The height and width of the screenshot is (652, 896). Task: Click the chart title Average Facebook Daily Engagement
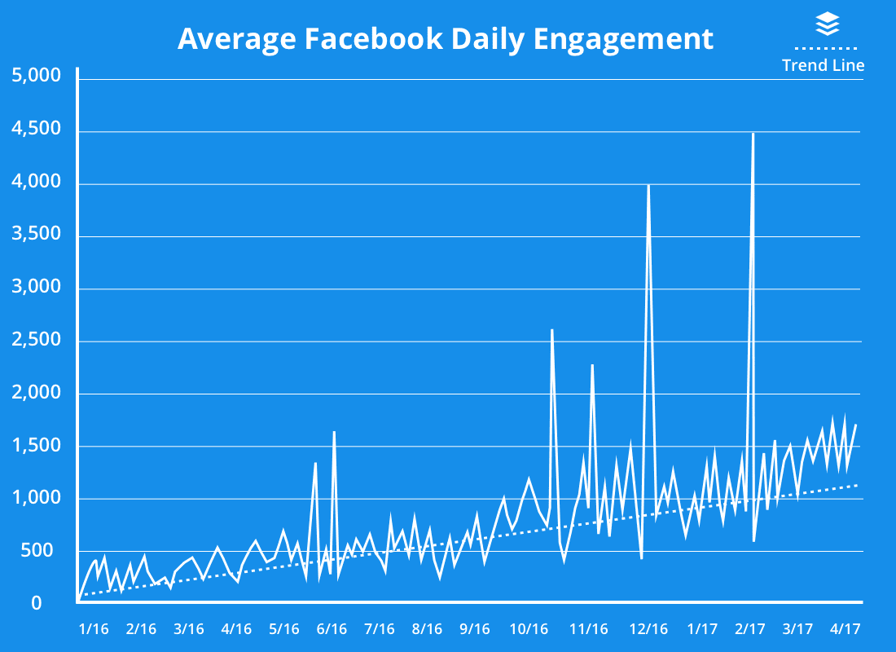446,38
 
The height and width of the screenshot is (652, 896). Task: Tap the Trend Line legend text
823,65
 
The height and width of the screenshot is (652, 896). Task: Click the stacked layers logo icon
827,24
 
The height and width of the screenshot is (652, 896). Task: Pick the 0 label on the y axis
36,603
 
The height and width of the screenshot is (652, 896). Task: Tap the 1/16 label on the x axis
94,629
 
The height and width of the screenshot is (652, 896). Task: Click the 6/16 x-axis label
332,629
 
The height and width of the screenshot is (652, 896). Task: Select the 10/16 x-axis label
529,629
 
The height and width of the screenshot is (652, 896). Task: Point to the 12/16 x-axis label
648,629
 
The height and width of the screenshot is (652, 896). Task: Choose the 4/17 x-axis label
845,629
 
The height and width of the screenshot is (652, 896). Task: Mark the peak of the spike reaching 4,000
648,185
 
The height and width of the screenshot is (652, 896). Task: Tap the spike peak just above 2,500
552,330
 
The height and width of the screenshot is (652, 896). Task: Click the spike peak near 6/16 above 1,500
334,432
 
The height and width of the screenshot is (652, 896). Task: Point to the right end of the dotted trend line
858,485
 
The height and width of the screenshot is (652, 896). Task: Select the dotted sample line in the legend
823,47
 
